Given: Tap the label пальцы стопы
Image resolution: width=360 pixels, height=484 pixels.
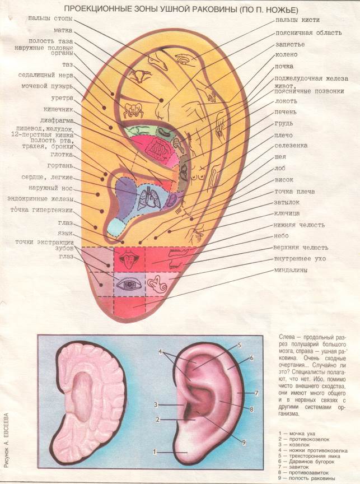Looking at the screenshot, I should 49,18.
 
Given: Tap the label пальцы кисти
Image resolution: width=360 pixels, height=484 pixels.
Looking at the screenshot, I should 297,20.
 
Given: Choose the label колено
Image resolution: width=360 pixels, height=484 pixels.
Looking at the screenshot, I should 286,54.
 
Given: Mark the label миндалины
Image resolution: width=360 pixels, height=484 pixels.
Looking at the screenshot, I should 293,271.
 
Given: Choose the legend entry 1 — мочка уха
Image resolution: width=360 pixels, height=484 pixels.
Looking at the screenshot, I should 300,434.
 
